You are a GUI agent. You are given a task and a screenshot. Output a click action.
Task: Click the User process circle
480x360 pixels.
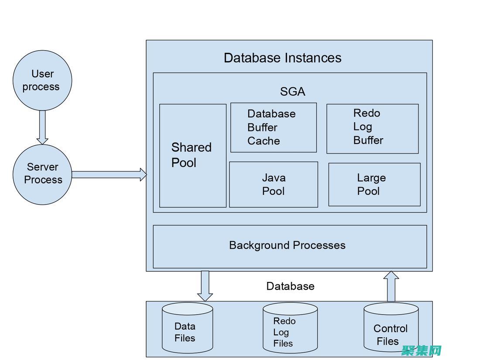coord(42,80)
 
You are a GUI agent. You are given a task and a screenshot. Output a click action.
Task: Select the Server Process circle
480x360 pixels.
coord(42,174)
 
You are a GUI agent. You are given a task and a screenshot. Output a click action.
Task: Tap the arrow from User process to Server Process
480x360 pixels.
coord(42,127)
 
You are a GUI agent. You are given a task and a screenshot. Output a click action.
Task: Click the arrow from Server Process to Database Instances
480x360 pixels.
coord(109,175)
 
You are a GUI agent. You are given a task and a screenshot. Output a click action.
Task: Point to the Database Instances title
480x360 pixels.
coord(282,58)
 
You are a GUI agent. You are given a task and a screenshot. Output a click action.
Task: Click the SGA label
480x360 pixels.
coord(292,92)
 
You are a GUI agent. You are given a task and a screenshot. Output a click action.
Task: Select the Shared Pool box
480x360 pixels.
coord(192,155)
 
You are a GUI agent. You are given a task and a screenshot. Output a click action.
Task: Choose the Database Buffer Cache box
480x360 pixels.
coord(273,127)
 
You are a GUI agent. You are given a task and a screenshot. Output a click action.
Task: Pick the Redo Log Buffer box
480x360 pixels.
coord(372,128)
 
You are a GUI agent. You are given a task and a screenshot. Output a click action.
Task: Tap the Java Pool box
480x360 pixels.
coord(274,184)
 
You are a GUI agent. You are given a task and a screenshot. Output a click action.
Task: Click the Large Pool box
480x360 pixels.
coord(374,184)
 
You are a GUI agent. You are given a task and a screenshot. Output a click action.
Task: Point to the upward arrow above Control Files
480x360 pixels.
coord(391,286)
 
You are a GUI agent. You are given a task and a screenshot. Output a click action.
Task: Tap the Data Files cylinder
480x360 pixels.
coord(187,328)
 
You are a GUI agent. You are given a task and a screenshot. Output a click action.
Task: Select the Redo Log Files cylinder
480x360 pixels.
coord(290,328)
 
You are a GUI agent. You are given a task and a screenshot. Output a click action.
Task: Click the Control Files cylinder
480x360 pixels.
coord(391,328)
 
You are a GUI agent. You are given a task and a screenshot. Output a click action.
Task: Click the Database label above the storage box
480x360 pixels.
coord(290,286)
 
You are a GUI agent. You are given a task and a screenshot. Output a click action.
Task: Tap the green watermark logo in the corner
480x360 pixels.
coord(422,350)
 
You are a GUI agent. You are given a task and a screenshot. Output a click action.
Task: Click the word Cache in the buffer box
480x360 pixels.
coord(264,141)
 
